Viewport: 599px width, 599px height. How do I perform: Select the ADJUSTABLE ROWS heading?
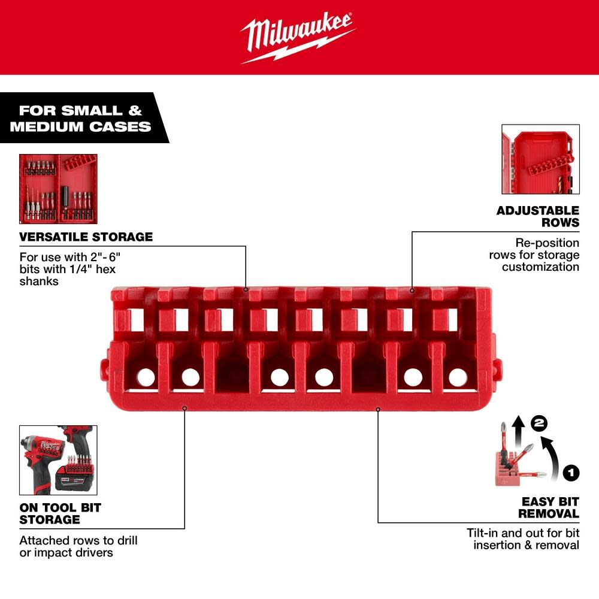(538, 216)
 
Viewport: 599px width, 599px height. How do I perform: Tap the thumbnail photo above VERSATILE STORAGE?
(58, 188)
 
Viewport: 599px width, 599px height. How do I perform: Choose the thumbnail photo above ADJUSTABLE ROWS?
(540, 159)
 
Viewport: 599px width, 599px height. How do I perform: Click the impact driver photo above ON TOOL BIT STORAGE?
(58, 460)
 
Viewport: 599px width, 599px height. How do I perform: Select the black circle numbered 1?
(571, 473)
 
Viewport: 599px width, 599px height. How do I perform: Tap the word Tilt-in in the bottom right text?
(485, 532)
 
